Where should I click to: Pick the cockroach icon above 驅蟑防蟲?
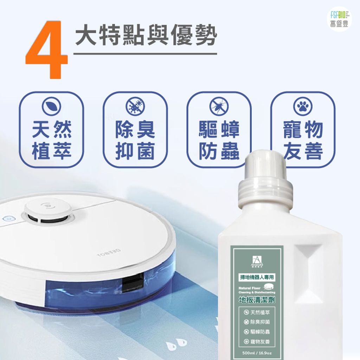pyautogui.click(x=219, y=106)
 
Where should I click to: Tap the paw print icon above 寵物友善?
pyautogui.click(x=302, y=106)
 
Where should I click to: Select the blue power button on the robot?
pyautogui.click(x=7, y=218)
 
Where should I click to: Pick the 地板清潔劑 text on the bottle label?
pyautogui.click(x=256, y=300)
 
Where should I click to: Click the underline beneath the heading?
pyautogui.click(x=145, y=54)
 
